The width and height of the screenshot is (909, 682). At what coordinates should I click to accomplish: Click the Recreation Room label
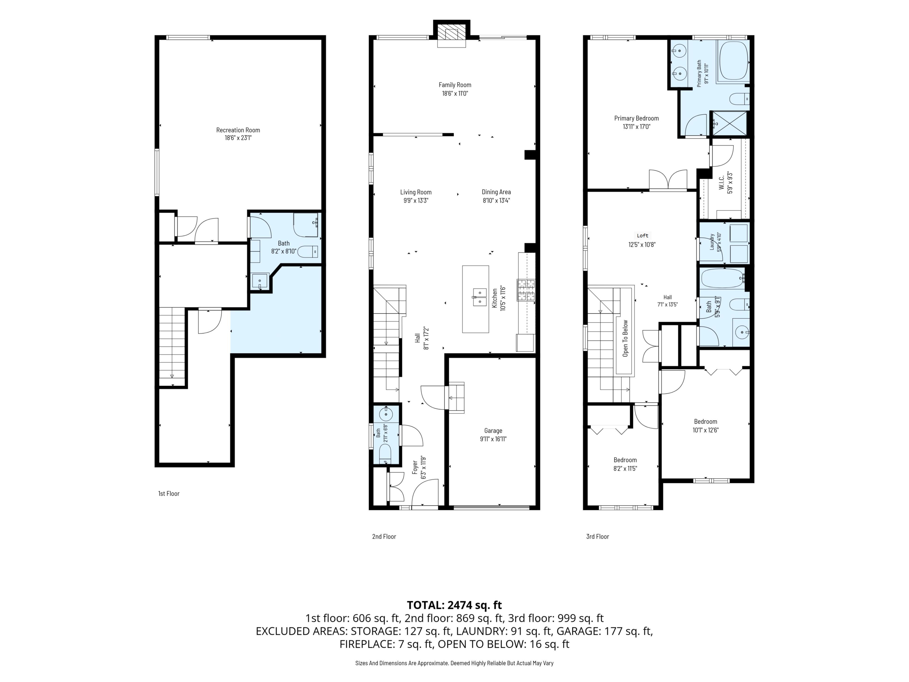tap(238, 130)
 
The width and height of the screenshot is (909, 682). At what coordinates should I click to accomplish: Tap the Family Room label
tap(455, 85)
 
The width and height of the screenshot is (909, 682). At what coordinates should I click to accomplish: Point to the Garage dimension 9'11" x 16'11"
tap(493, 439)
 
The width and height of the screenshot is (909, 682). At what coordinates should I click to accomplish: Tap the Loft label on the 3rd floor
tap(642, 236)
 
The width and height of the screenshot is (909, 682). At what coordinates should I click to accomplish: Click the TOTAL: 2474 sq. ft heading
tap(454, 605)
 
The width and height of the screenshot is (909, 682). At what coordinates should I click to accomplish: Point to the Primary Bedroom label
tap(637, 118)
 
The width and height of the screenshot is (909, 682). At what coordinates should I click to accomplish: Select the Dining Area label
tap(496, 192)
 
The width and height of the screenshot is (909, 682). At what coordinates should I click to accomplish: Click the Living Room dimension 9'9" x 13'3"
tap(416, 201)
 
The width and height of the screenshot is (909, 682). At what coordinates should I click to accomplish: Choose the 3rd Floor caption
tap(597, 536)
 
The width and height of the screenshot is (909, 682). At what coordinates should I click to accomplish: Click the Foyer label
tap(415, 467)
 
